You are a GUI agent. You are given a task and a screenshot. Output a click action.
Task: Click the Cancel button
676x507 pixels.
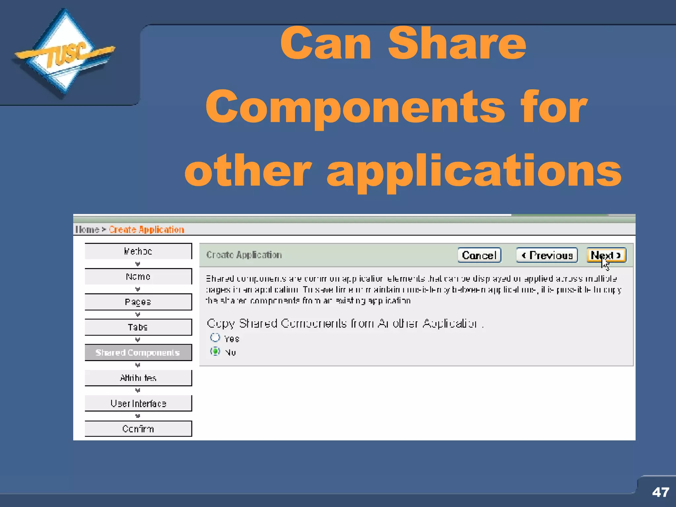(x=479, y=255)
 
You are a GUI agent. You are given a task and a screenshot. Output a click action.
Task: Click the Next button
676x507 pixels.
(x=606, y=255)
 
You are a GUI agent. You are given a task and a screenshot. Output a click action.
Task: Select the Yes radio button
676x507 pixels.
(x=215, y=338)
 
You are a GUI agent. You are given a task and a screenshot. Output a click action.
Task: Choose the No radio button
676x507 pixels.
(x=215, y=352)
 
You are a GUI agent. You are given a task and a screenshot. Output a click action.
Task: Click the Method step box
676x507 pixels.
(x=138, y=251)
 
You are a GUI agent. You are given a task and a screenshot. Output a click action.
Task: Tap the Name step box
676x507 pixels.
(x=138, y=277)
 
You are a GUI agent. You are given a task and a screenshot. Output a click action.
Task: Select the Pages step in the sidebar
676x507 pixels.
(x=138, y=302)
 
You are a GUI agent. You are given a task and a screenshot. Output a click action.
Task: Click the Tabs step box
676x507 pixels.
(x=138, y=327)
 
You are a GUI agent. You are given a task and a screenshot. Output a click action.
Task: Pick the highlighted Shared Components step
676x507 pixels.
(x=138, y=353)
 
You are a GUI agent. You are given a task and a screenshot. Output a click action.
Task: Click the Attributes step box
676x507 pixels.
(x=138, y=378)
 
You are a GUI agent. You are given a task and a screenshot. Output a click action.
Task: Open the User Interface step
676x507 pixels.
(x=138, y=403)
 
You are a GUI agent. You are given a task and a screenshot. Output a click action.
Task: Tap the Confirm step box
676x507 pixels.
(x=138, y=429)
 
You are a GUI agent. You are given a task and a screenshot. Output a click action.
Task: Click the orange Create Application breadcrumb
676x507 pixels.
(x=147, y=229)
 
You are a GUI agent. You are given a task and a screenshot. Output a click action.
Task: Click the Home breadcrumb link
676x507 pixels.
(x=87, y=229)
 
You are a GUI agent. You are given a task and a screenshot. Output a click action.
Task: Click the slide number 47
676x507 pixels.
(x=660, y=492)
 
